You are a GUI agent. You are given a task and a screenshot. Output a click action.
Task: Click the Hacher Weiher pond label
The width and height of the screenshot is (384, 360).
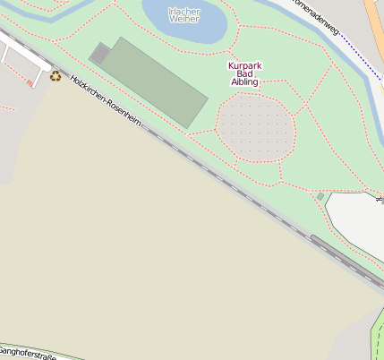pyautogui.click(x=184, y=14)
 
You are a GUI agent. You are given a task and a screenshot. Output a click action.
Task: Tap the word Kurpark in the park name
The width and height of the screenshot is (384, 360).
pyautogui.click(x=244, y=65)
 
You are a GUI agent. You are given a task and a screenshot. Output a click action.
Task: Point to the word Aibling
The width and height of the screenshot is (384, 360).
pyautogui.click(x=244, y=81)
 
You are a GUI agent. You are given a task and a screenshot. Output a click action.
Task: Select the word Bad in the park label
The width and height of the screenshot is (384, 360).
pyautogui.click(x=244, y=73)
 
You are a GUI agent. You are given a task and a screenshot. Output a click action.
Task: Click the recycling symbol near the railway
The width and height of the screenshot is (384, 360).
pyautogui.click(x=56, y=76)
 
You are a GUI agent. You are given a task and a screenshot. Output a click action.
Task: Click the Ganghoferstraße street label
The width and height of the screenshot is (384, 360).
pyautogui.click(x=27, y=355)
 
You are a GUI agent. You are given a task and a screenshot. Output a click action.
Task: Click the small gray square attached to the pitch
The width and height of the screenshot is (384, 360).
pyautogui.click(x=100, y=54)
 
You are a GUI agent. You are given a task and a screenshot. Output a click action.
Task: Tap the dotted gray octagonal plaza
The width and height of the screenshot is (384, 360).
pyautogui.click(x=256, y=126)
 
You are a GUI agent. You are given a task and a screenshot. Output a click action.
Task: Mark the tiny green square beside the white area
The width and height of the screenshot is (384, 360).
pyautogui.click(x=320, y=196)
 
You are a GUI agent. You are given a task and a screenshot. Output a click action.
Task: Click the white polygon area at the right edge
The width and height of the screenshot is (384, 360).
pyautogui.click(x=358, y=219)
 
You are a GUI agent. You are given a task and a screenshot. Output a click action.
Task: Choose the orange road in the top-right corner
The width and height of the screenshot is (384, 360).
pyautogui.click(x=375, y=22)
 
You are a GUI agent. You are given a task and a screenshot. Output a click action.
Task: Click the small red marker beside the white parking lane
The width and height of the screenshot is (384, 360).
pyautogui.click(x=30, y=83)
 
